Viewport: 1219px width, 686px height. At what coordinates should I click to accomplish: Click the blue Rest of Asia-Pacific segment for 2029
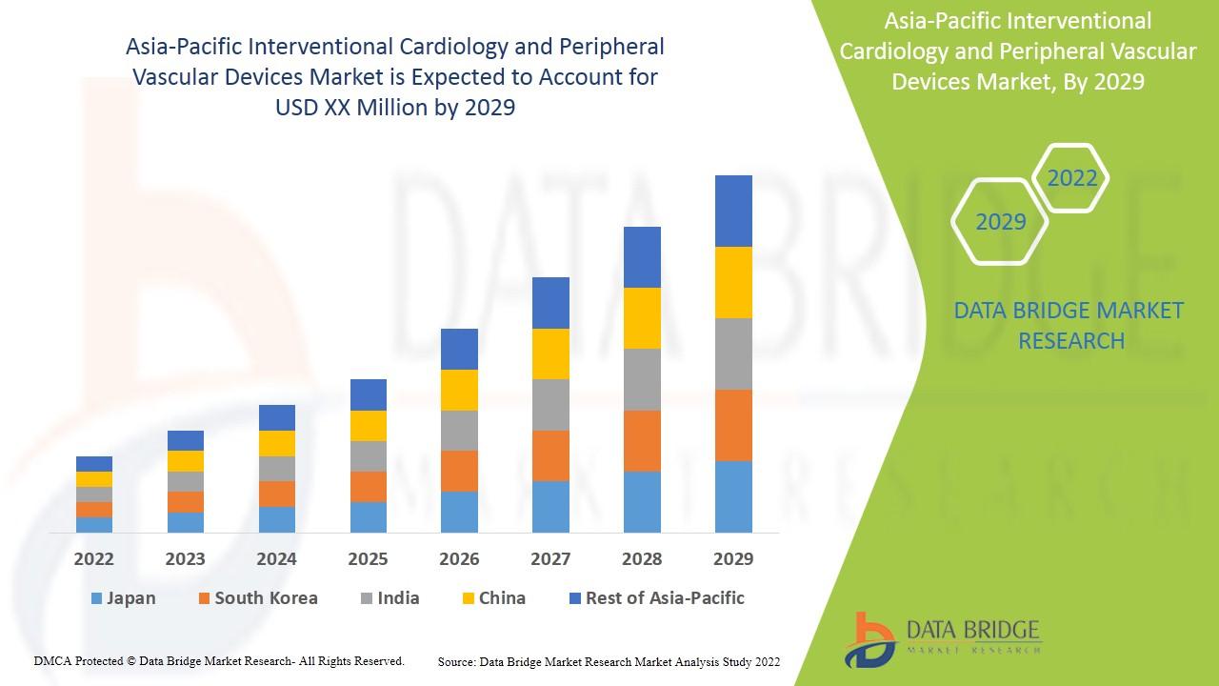pos(733,211)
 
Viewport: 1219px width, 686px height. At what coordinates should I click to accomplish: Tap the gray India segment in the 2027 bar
pos(550,405)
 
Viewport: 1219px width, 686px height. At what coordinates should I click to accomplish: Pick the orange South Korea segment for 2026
pos(459,471)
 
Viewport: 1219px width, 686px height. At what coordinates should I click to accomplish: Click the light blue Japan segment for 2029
pos(733,496)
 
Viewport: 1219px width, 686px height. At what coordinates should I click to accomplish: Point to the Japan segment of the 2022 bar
pos(94,524)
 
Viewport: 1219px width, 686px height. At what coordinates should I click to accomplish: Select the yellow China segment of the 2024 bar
pos(277,443)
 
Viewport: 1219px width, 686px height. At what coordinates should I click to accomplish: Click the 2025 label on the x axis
pos(369,558)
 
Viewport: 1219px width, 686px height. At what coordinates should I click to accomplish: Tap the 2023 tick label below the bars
pos(186,558)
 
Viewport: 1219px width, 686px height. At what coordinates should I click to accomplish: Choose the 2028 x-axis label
pos(642,558)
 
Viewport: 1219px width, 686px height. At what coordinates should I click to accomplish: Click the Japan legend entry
pos(123,598)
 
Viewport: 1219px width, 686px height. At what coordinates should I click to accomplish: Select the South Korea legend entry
pos(257,598)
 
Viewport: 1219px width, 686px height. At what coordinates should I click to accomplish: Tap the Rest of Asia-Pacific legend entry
pos(656,598)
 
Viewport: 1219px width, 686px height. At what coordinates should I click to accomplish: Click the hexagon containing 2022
pos(1071,178)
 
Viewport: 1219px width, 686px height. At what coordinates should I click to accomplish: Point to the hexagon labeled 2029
pos(1001,222)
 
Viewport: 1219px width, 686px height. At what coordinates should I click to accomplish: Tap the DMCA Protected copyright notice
pos(219,660)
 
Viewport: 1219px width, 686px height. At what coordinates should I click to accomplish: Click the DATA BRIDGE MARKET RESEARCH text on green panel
pos(1069,325)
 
